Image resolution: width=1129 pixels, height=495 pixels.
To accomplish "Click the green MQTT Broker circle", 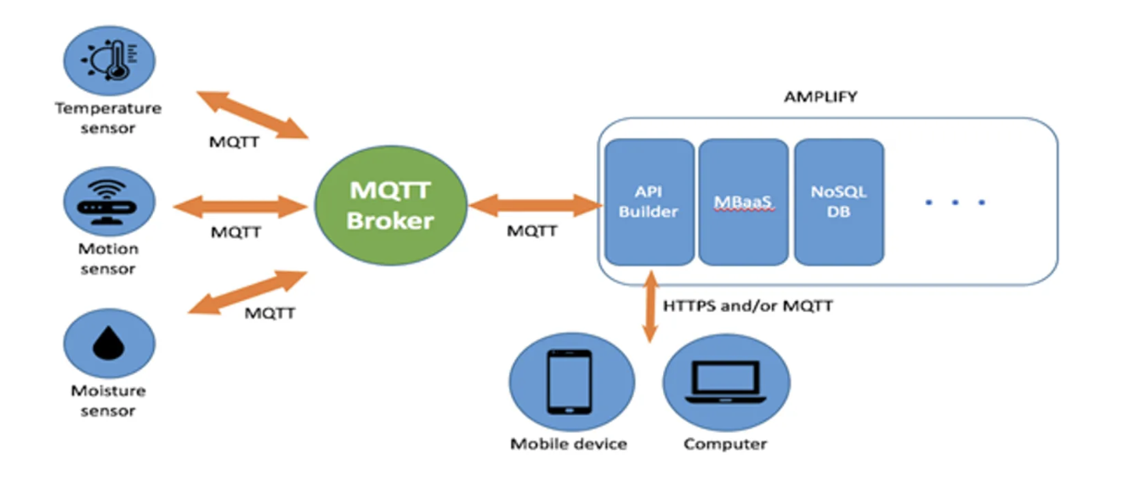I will [x=390, y=206].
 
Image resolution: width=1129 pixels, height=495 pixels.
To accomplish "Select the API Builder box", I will [x=649, y=202].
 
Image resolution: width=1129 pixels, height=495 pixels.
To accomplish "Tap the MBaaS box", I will [x=743, y=202].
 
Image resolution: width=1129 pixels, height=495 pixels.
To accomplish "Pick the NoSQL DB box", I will [x=838, y=202].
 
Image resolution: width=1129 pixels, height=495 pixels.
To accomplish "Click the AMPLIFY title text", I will [x=820, y=97].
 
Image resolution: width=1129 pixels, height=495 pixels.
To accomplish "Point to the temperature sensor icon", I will [x=110, y=60].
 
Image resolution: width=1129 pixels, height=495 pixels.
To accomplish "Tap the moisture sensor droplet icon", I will [x=110, y=344].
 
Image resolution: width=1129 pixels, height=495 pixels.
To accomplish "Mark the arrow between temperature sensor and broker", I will [x=252, y=113].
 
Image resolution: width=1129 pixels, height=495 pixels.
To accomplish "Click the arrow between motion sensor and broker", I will [x=240, y=205].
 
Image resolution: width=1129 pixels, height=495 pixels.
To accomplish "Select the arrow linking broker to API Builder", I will [x=535, y=205].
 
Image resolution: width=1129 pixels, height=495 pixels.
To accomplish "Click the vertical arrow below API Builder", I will [x=650, y=306].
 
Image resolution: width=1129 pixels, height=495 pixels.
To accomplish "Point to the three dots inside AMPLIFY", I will [x=955, y=202].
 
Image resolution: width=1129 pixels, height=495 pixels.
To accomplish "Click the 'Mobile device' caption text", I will [x=569, y=444].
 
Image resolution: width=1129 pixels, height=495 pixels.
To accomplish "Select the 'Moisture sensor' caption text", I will [x=108, y=401].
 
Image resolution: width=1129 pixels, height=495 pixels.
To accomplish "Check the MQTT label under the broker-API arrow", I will [x=532, y=230].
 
